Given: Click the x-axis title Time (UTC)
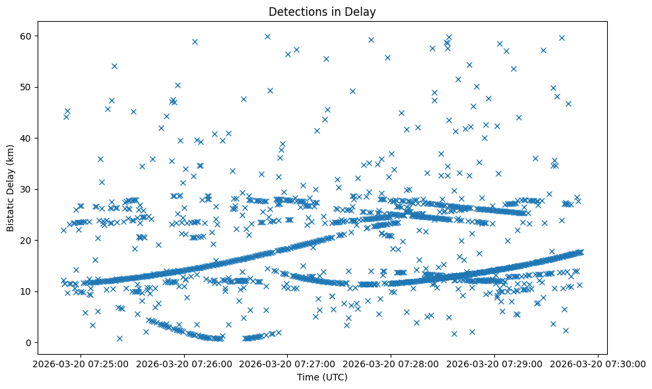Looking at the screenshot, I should coord(322,378).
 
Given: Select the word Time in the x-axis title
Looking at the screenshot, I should coord(308,378).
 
